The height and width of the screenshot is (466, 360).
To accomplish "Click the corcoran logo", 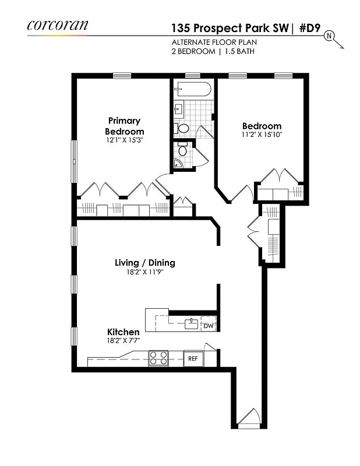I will click(58, 25).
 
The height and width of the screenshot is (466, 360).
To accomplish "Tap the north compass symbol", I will click(329, 37).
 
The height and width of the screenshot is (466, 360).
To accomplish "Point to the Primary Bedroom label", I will click(124, 126).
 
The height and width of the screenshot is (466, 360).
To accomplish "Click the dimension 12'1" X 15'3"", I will click(124, 141).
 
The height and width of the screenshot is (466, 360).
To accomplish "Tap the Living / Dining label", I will click(144, 263).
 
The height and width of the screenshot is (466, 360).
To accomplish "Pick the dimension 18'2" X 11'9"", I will click(144, 272).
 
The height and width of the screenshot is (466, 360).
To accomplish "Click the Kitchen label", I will click(122, 332).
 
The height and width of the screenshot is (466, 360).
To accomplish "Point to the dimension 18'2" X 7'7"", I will click(122, 341).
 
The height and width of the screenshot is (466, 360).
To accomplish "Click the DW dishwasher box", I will click(208, 326).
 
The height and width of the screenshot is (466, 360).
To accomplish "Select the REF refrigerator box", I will click(193, 359).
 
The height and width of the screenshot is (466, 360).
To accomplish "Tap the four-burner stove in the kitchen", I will click(158, 358).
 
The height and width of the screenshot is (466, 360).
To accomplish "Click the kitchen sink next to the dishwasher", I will click(190, 323).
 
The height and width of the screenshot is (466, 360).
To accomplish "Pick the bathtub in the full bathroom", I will click(193, 90).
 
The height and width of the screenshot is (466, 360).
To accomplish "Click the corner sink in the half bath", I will click(178, 165).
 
